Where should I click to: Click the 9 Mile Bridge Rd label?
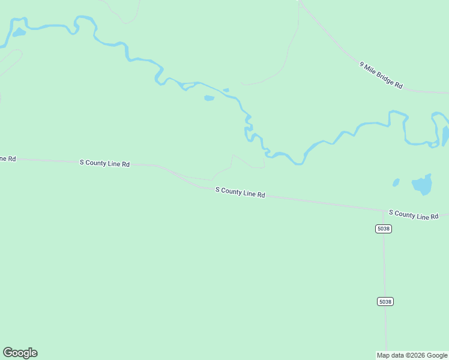tap(381, 75)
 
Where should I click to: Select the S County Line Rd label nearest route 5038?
tap(418, 214)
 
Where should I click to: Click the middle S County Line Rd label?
tap(241, 192)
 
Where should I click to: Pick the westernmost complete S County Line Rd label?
tap(105, 163)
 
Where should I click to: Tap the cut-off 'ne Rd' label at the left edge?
tap(7, 158)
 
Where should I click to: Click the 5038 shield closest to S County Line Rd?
tap(384, 229)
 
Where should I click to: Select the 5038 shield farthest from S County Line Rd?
tap(385, 301)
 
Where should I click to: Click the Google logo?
tap(20, 353)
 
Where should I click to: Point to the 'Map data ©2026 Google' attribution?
tap(412, 355)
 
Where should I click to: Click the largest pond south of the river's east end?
tap(423, 185)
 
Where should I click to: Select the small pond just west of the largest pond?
tap(396, 182)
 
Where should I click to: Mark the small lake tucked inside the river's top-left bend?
tap(19, 32)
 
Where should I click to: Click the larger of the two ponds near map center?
tap(209, 98)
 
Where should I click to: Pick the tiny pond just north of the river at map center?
tap(226, 91)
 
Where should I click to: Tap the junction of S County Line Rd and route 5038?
tap(384, 211)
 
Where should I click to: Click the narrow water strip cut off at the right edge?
tap(445, 135)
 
